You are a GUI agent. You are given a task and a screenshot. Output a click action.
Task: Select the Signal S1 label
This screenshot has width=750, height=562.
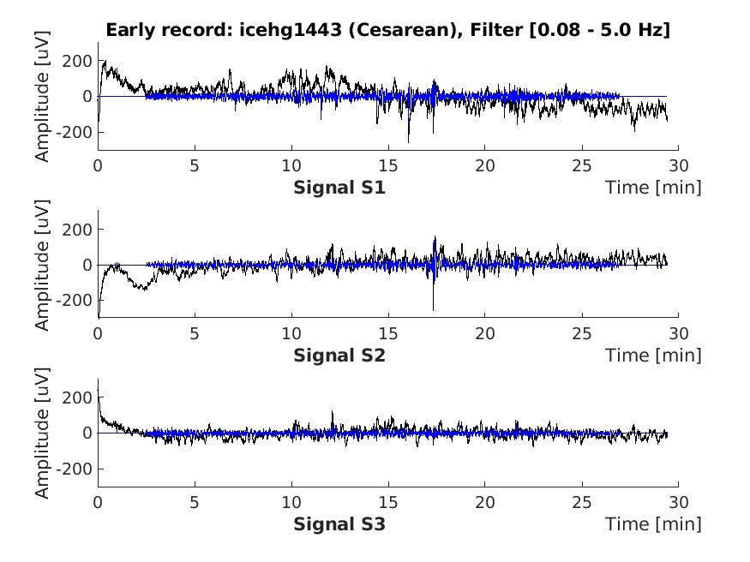pos(339,187)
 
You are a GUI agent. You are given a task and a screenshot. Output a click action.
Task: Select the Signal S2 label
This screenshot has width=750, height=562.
pos(339,355)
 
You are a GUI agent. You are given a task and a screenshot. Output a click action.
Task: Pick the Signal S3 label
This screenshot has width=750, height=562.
pos(339,523)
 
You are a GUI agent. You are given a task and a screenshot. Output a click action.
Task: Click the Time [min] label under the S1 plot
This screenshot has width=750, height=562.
pos(653,187)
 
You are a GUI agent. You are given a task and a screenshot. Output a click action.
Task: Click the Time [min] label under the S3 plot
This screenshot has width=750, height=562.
pos(653,523)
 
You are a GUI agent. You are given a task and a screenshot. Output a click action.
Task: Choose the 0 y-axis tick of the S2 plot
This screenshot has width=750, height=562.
pos(87,265)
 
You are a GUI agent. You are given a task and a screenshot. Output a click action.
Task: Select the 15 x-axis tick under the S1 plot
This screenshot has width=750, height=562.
pos(388,165)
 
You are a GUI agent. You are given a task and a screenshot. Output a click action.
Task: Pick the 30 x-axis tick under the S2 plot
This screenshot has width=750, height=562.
pos(678,333)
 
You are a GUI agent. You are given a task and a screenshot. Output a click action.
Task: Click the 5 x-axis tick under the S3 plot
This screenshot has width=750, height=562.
pos(195,501)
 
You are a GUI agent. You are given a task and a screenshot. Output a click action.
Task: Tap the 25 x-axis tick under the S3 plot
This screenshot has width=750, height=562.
pos(582,501)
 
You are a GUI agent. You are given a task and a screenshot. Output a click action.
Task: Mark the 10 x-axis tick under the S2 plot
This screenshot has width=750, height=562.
pos(291,333)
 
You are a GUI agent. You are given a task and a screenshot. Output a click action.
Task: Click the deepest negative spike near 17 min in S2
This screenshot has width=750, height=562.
pos(433,308)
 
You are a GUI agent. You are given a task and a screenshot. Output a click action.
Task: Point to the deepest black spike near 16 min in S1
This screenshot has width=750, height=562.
pos(408,141)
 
